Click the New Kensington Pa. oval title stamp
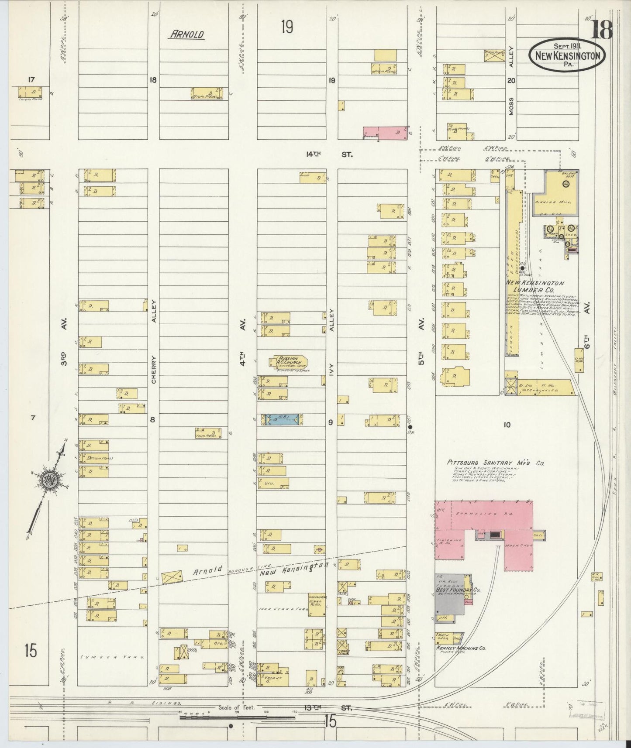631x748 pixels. [x=567, y=55]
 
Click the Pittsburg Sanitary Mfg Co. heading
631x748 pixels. [x=495, y=463]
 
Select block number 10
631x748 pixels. [x=506, y=425]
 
